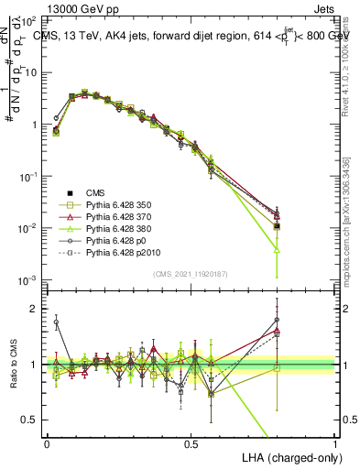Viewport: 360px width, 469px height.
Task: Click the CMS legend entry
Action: point(96,192)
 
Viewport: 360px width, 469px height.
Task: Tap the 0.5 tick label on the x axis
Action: point(191,442)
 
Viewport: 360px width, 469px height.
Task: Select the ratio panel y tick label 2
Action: point(34,309)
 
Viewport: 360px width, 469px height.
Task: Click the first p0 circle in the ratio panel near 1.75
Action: point(56,322)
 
